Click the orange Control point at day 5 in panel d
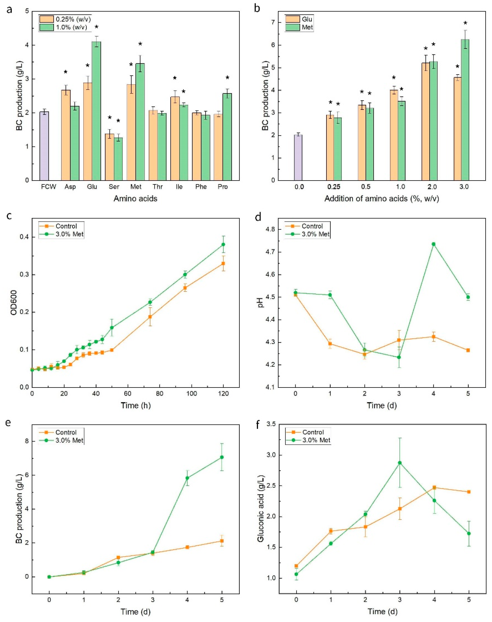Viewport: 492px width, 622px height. pos(468,350)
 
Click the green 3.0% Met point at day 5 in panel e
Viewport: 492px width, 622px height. pos(222,457)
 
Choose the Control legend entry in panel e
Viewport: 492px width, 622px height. pos(66,432)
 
